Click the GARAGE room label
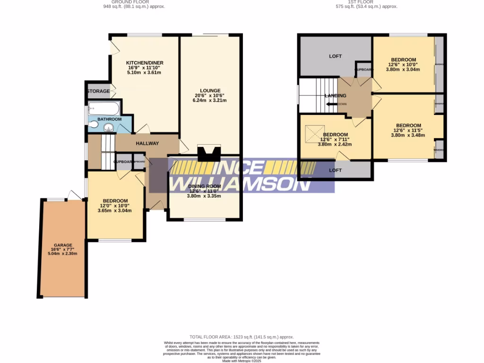(x=62, y=245)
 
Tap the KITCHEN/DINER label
(x=144, y=63)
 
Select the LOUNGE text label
(x=210, y=90)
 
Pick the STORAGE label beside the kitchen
(x=98, y=91)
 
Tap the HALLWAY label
(x=147, y=144)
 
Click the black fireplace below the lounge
(x=208, y=154)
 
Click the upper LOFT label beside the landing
(x=335, y=56)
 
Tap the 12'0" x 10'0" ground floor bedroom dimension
(x=114, y=206)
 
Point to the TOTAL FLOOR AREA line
(x=242, y=336)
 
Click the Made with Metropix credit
(x=242, y=361)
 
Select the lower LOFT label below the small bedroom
(x=335, y=170)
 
